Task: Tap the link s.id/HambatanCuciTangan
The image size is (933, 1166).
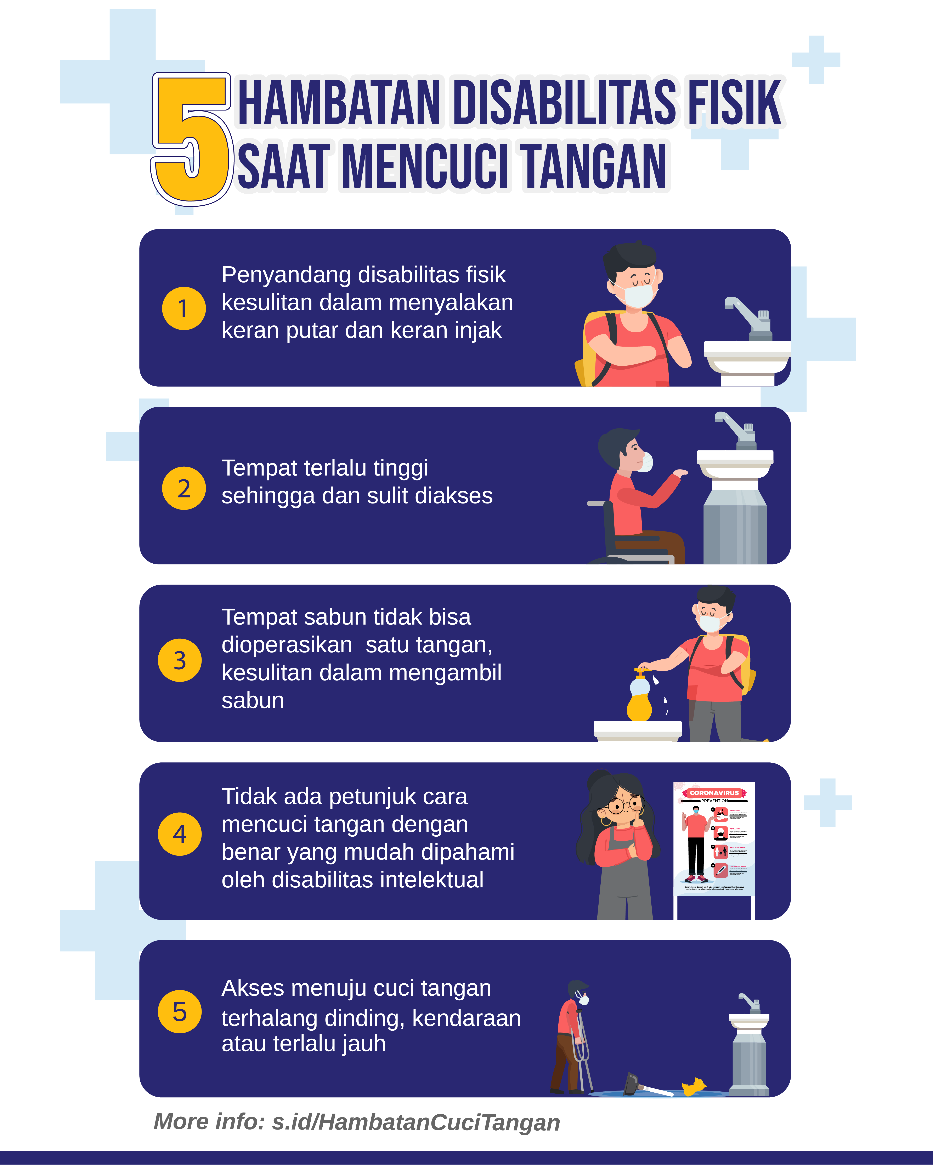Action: pos(415,1122)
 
